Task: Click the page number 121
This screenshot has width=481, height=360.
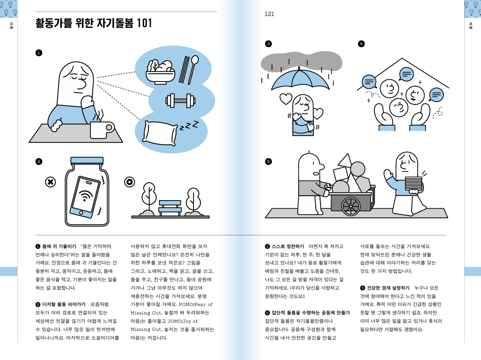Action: click(269, 14)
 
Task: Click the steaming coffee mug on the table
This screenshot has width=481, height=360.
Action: click(100, 129)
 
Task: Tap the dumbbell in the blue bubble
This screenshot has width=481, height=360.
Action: click(180, 100)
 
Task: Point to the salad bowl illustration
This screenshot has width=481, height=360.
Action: click(160, 72)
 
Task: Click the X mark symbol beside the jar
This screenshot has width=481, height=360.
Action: click(50, 182)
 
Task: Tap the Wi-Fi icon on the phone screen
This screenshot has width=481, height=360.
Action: click(85, 196)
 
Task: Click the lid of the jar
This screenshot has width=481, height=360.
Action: click(87, 160)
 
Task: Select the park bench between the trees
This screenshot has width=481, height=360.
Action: click(170, 207)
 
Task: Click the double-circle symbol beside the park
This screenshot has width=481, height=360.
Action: click(129, 182)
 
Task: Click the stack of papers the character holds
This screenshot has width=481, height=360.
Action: click(413, 183)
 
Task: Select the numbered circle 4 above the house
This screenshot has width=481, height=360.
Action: click(361, 44)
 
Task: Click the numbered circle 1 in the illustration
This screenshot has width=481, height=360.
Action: click(39, 53)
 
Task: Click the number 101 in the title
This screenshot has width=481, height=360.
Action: click(145, 23)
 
